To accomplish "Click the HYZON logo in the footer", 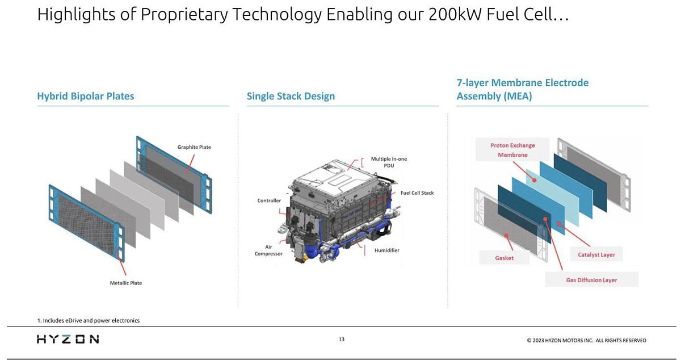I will click(68, 339).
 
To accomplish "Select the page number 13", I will click(342, 340).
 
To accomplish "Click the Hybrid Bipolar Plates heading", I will click(86, 96).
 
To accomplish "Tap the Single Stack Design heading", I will click(291, 96).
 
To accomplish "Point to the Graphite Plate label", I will click(194, 147).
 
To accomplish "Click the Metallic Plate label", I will click(126, 283).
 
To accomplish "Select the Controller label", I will click(269, 200).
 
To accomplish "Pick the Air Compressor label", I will click(268, 250).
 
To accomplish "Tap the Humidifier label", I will click(386, 250).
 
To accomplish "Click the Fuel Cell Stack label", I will click(417, 193).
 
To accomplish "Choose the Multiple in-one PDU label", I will click(389, 162).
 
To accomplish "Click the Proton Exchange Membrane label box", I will click(512, 150).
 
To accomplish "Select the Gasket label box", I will click(504, 258).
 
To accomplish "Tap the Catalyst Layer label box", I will click(596, 254).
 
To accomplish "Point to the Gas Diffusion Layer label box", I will click(591, 280).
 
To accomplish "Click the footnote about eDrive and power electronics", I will click(89, 320).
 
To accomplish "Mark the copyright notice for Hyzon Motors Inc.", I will click(586, 341).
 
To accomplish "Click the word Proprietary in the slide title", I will click(185, 14).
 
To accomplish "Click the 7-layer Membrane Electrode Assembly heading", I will click(522, 89).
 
